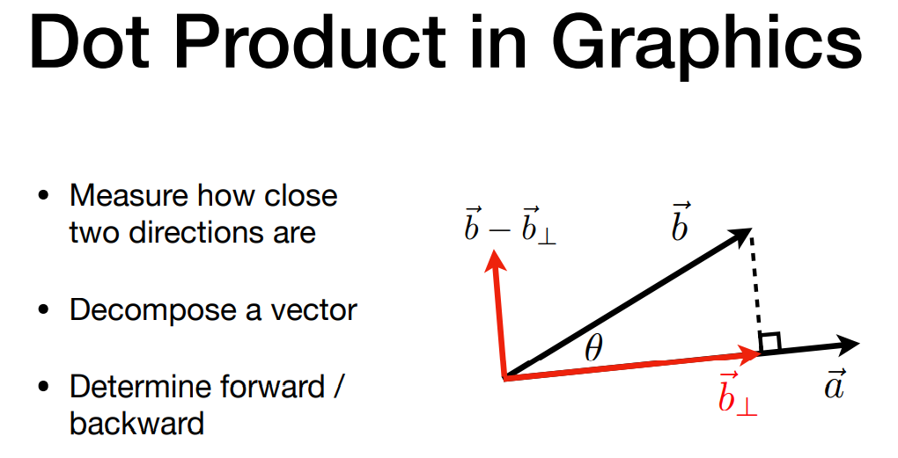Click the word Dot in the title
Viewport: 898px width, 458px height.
coord(89,42)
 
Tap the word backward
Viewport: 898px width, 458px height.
coord(136,423)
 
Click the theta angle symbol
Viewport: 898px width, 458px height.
coord(594,348)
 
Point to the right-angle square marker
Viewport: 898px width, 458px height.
coord(769,342)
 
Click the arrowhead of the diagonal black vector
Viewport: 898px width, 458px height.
coord(740,236)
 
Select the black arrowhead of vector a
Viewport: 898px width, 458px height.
coord(847,344)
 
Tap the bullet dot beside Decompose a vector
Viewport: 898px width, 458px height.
coord(43,310)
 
